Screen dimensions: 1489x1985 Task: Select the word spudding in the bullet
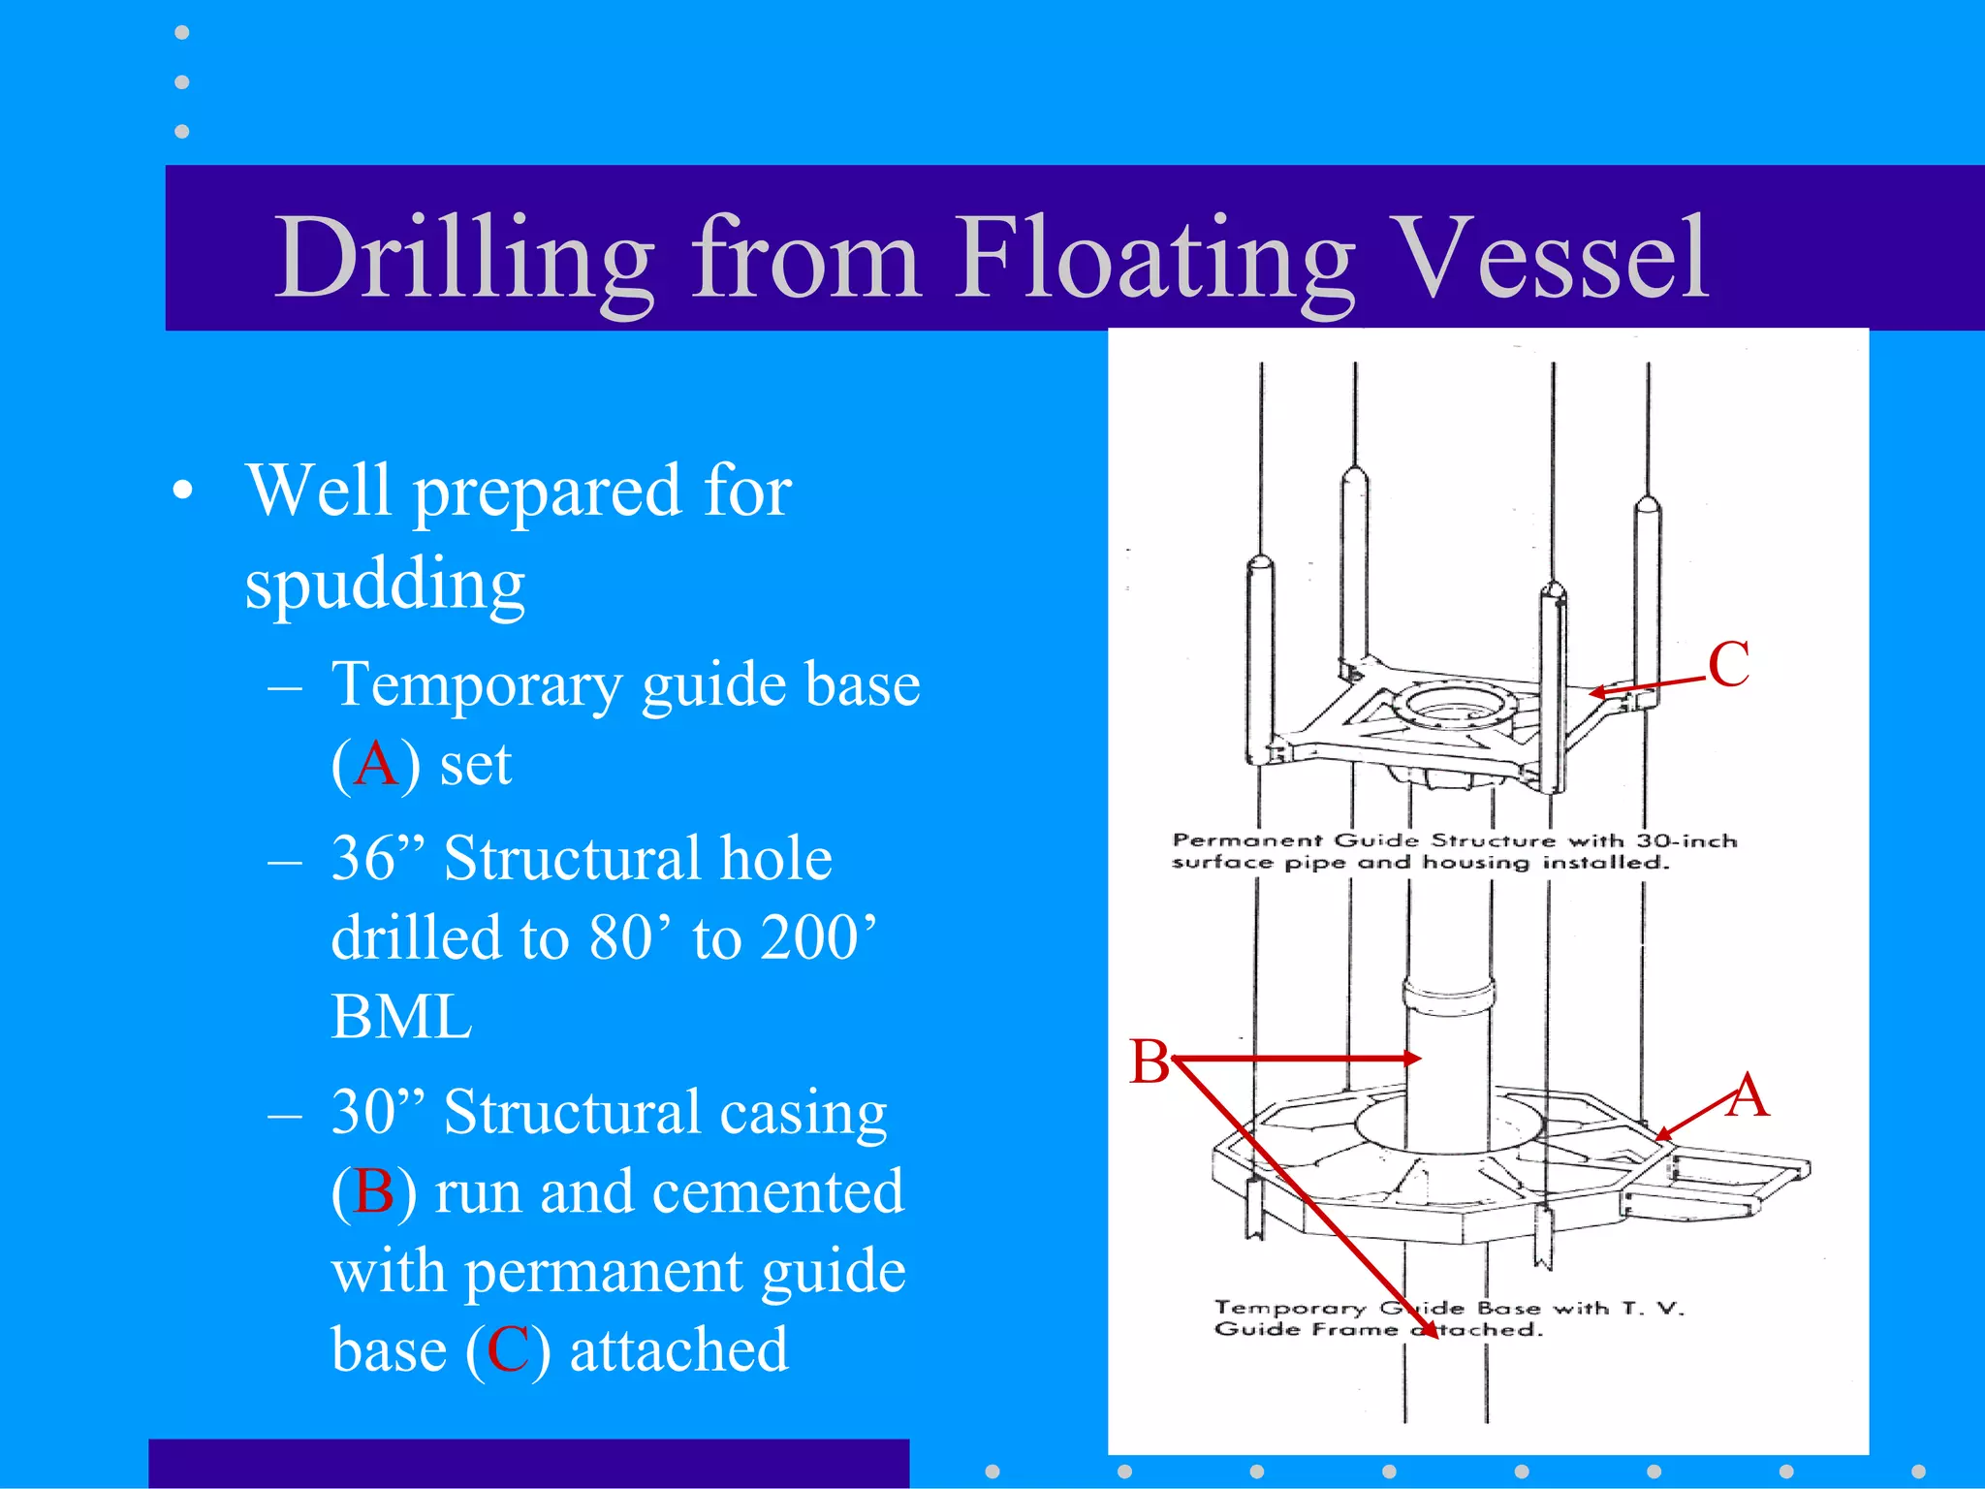[x=385, y=585]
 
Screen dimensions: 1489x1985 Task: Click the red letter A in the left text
[x=376, y=765]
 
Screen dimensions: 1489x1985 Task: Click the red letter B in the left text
[x=374, y=1191]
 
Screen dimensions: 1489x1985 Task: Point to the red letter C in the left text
[x=508, y=1350]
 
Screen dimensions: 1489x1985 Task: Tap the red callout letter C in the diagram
[x=1728, y=665]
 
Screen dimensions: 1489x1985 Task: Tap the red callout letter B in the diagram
[x=1150, y=1061]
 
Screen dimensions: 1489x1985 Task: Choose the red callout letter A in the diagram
[x=1748, y=1096]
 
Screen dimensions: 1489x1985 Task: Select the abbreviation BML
[x=401, y=1017]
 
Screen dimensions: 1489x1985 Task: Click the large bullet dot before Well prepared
[x=183, y=491]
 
